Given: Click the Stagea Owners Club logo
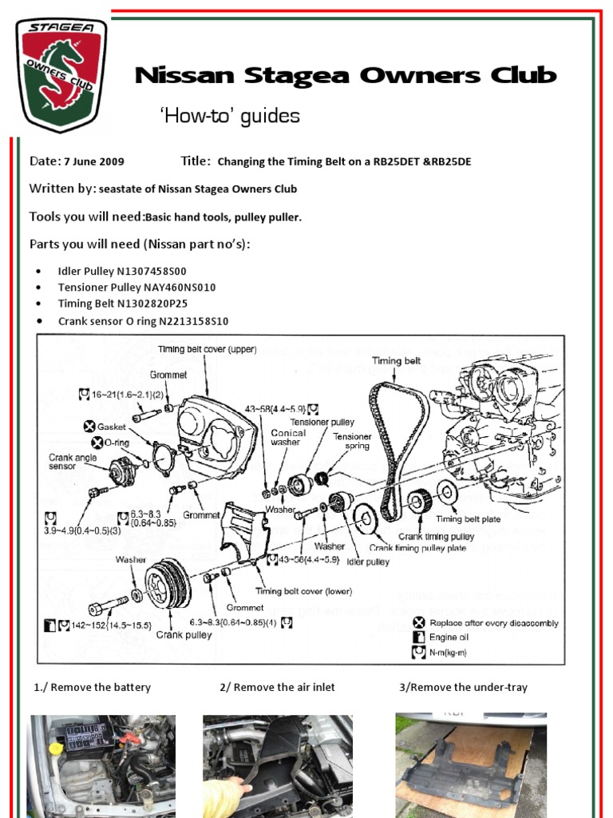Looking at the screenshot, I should coord(61,73).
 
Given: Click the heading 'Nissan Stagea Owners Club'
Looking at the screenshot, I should coord(346,76).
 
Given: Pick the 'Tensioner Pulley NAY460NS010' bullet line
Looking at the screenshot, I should coord(136,287).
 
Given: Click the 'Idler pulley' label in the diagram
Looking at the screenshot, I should coord(367,562).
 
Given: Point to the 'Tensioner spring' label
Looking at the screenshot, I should coord(352,441).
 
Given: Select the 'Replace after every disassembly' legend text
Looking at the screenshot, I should coord(494,622).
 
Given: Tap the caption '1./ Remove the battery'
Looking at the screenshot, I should coord(92,687).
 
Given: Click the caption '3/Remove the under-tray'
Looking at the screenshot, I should coord(463,687).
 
